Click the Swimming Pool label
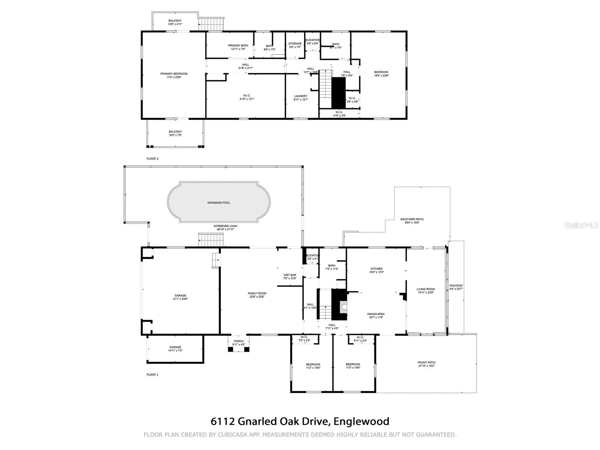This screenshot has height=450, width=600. [219, 203]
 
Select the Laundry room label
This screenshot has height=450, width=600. [301, 96]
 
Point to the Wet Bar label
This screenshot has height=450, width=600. [290, 275]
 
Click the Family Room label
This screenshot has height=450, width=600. [257, 293]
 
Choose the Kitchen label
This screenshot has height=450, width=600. [376, 268]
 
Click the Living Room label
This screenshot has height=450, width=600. [426, 289]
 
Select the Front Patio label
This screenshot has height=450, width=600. [426, 363]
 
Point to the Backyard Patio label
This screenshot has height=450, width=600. [412, 219]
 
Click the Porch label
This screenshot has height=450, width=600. [238, 341]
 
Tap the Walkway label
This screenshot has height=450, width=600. [456, 286]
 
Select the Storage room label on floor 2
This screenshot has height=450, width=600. [295, 43]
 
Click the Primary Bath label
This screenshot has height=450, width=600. [238, 45]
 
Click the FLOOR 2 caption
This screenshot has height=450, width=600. [152, 159]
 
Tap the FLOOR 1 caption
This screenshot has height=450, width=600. [152, 375]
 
